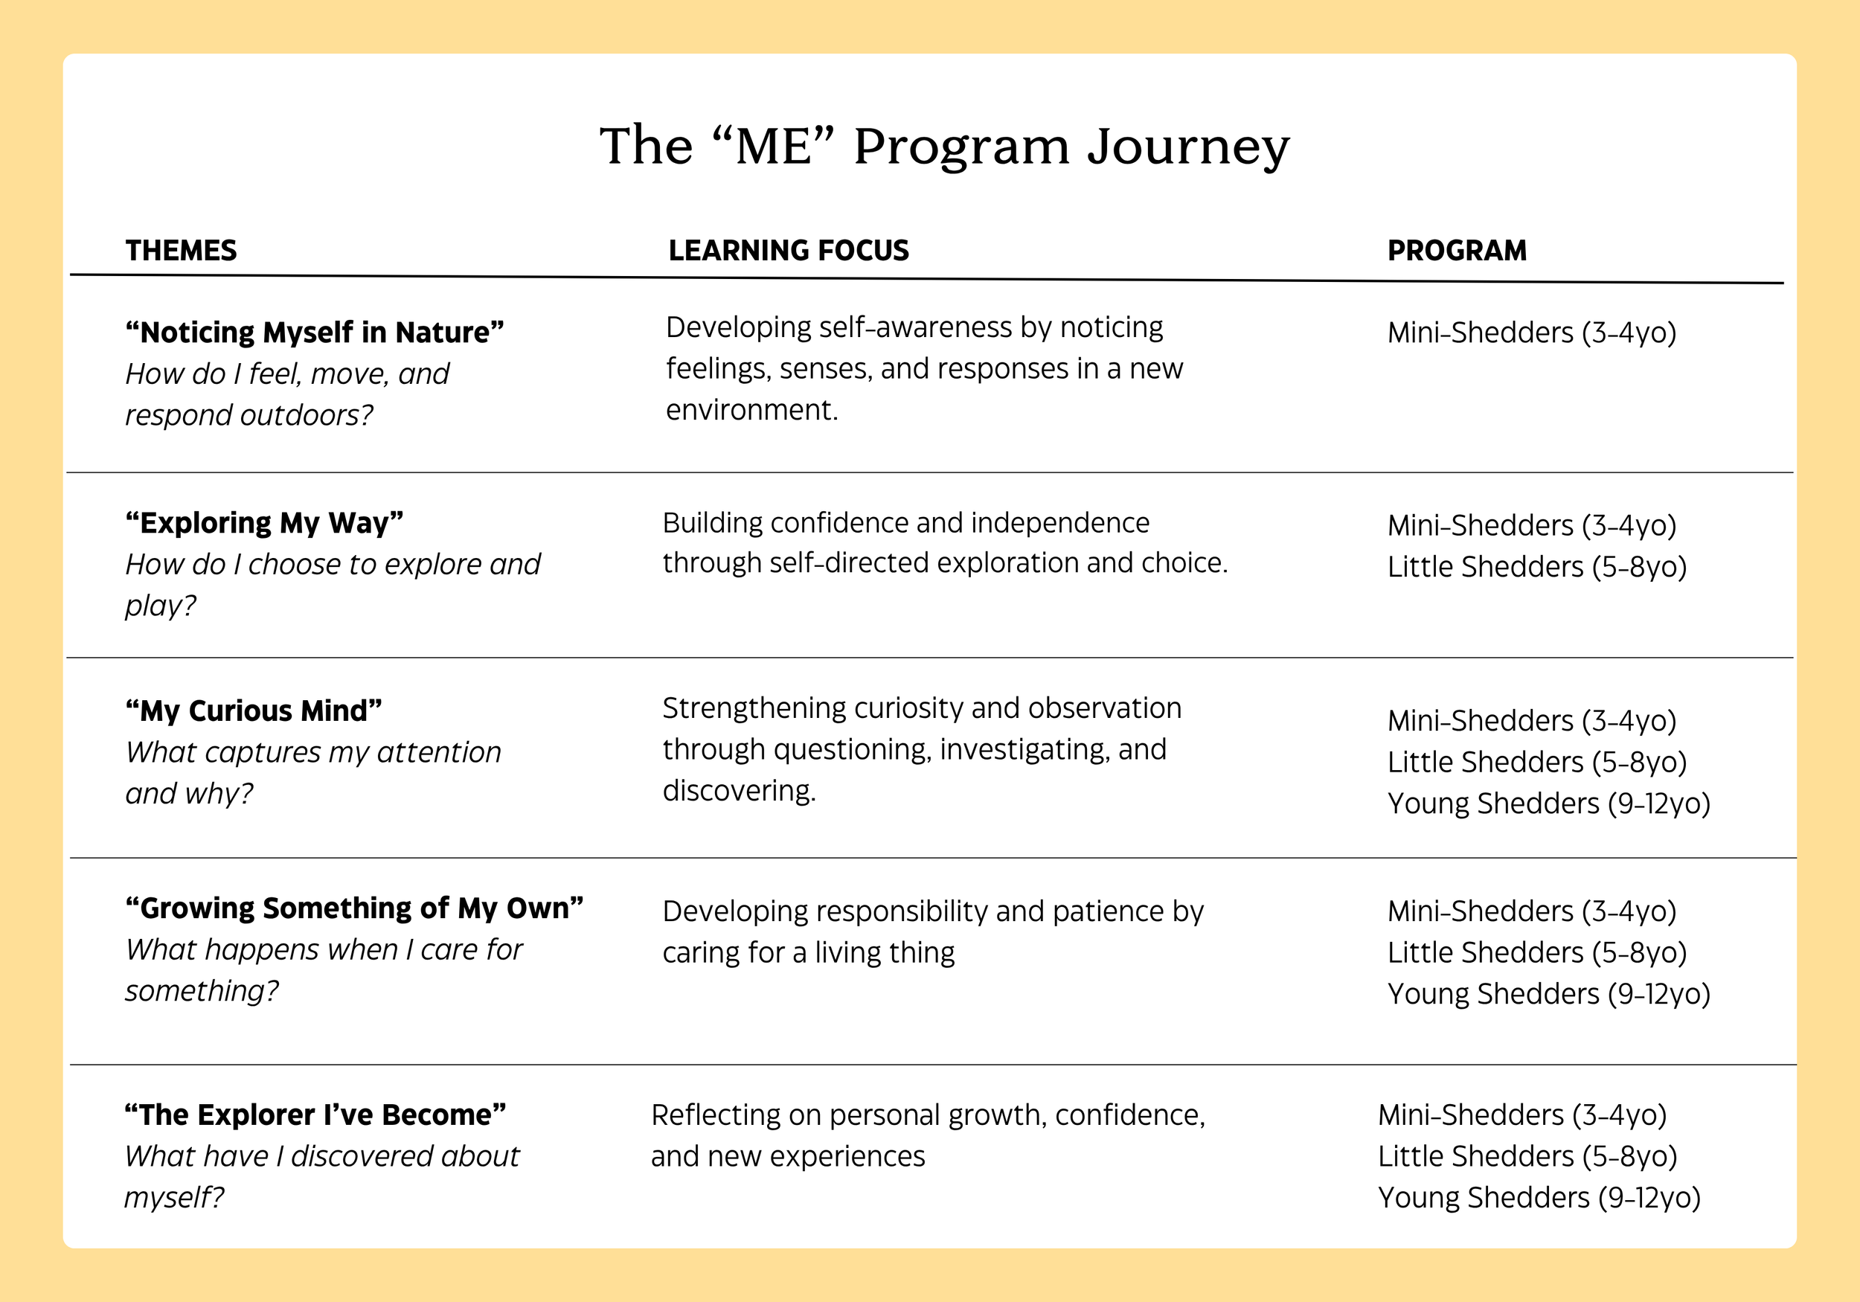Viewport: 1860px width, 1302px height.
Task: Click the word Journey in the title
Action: coord(1187,147)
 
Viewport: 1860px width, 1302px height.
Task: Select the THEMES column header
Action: coord(181,250)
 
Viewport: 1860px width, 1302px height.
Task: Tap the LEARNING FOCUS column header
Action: coord(788,250)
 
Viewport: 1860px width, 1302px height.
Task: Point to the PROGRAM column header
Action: coord(1457,250)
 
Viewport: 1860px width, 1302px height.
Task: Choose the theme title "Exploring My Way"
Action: coord(264,522)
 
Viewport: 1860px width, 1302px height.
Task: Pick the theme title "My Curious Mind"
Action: coord(254,711)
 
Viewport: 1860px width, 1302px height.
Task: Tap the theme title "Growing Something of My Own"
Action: coord(354,908)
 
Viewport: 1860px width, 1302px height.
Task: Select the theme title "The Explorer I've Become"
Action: coord(315,1115)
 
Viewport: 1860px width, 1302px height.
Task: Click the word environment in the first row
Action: coord(750,410)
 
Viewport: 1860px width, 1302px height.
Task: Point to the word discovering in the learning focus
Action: coord(738,791)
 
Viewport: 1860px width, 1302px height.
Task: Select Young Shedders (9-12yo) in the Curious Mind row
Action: coord(1548,804)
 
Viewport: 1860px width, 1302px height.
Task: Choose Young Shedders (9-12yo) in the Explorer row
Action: coord(1539,1198)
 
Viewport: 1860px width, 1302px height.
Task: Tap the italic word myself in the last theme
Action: coord(172,1198)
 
